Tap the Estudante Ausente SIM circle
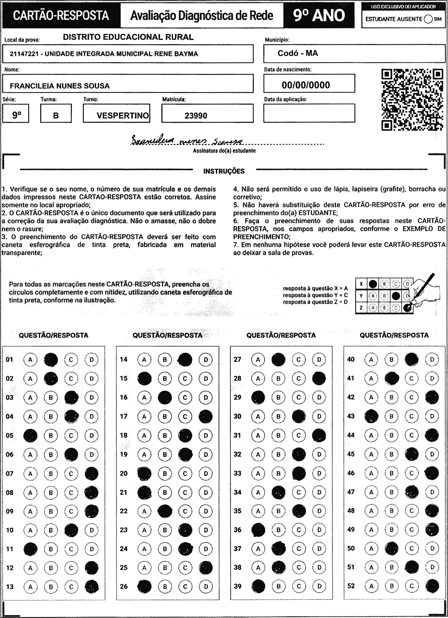(x=428, y=19)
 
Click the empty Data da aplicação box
(x=309, y=113)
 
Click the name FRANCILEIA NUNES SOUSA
(x=60, y=86)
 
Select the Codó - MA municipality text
(x=298, y=53)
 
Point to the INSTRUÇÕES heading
(x=224, y=171)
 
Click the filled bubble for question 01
(x=51, y=360)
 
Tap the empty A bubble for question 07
(x=30, y=474)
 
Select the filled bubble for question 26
(x=144, y=586)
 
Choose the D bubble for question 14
(x=206, y=360)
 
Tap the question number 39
(x=238, y=586)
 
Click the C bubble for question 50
(x=412, y=548)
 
